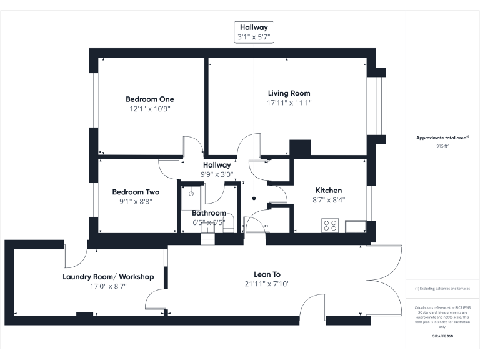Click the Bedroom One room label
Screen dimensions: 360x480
[x=150, y=99]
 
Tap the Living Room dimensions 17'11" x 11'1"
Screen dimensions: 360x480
[x=289, y=102]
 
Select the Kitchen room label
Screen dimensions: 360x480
[x=329, y=191]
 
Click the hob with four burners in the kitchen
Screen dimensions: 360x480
[x=329, y=225]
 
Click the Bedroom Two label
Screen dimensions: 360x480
[x=136, y=192]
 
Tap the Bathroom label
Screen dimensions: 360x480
[x=209, y=213]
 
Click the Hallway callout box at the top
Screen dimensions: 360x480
[x=253, y=32]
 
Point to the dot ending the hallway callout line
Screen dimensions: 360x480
[x=254, y=198]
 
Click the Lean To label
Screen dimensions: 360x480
[x=267, y=274]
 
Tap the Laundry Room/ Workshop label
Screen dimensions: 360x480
[x=108, y=277]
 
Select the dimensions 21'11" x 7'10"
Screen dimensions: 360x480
[x=267, y=284]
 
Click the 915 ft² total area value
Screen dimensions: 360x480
[x=443, y=146]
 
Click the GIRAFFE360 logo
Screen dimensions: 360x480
[x=442, y=336]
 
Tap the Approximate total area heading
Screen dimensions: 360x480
[x=442, y=137]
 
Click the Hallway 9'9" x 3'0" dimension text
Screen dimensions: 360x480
[x=216, y=174]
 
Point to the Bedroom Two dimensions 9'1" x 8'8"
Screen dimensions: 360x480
[x=136, y=202]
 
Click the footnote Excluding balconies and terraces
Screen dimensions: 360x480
[x=442, y=289]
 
